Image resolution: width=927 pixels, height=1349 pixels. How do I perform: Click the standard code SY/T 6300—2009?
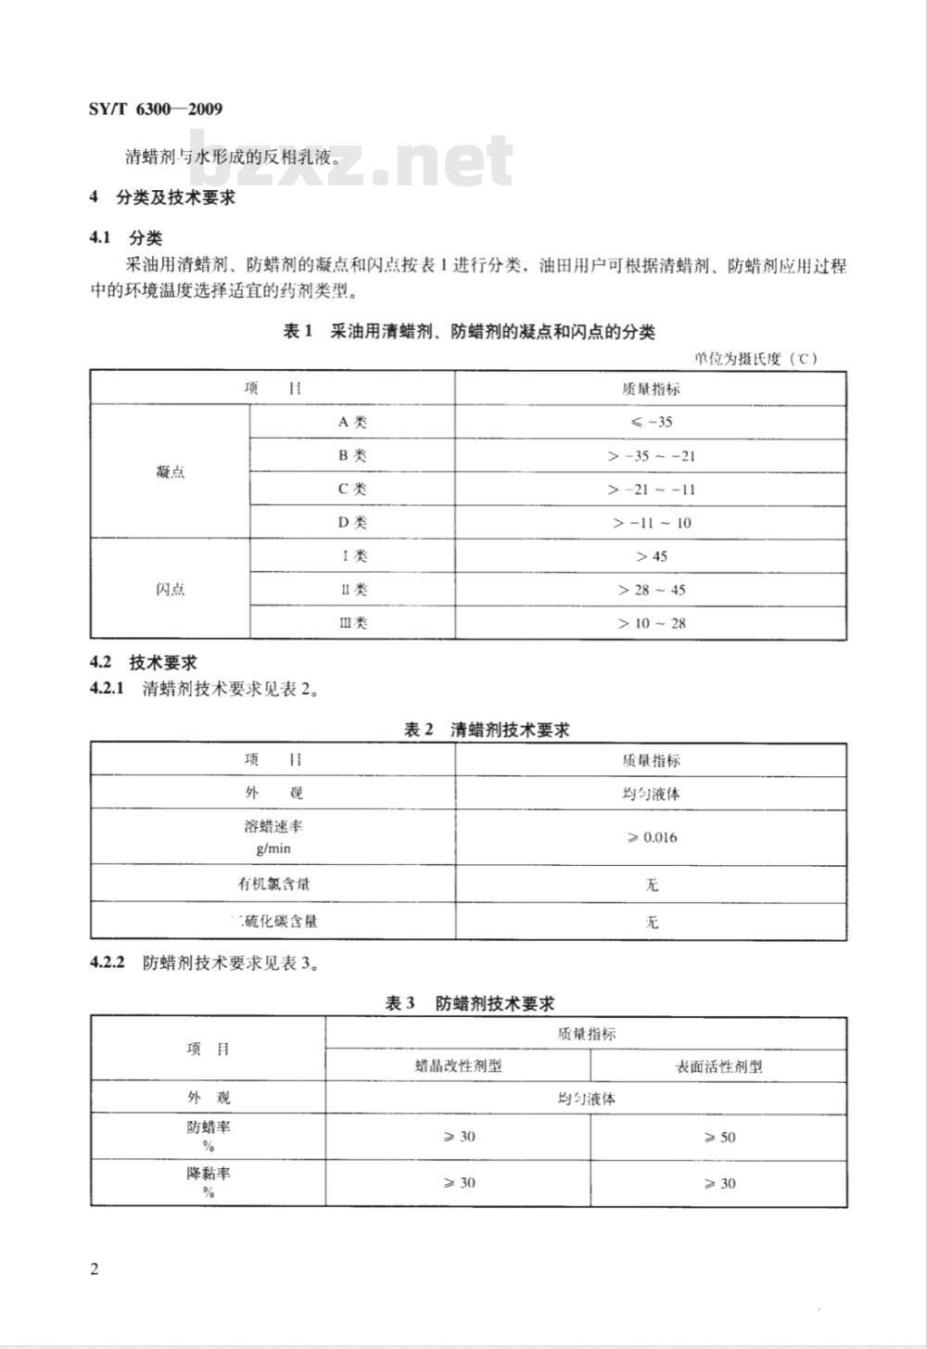tap(156, 109)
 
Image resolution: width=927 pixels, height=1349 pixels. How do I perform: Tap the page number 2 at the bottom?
tap(95, 1268)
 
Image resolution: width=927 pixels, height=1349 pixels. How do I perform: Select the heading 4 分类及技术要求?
tap(161, 197)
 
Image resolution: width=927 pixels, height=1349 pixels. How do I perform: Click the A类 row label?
tap(352, 422)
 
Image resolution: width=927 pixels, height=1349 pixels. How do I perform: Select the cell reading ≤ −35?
tap(651, 422)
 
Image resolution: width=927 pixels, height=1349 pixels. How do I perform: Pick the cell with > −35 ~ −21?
tap(651, 455)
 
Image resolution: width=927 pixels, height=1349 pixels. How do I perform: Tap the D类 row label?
tap(352, 522)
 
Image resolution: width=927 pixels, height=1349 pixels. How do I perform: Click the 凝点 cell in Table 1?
tap(171, 472)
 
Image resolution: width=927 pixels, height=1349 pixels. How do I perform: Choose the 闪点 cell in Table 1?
tap(171, 589)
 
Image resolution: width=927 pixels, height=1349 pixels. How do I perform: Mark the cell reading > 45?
tap(651, 555)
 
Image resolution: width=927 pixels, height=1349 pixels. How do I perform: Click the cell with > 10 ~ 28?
tap(651, 622)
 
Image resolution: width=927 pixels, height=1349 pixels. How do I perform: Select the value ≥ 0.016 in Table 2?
tap(651, 837)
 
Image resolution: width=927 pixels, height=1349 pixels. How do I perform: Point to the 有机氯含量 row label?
tap(273, 884)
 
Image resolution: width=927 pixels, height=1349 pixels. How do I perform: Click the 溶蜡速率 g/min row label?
tap(273, 836)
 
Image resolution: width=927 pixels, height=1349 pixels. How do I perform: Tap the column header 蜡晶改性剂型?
tap(458, 1065)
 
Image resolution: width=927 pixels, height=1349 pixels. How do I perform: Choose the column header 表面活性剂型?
tap(718, 1065)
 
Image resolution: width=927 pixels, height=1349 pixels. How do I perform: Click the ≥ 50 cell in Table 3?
tap(718, 1137)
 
